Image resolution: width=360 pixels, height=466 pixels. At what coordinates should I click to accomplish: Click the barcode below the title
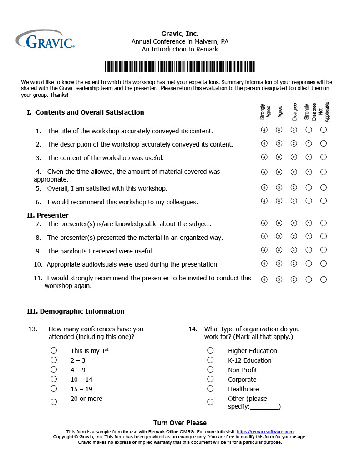[180, 66]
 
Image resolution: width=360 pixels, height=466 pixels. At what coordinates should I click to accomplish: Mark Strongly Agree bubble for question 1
[264, 130]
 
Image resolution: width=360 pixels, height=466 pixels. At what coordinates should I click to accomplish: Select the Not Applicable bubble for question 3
[324, 157]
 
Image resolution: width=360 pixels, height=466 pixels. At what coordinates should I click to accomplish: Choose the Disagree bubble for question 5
[294, 187]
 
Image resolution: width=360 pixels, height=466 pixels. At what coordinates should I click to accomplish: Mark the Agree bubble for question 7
[279, 223]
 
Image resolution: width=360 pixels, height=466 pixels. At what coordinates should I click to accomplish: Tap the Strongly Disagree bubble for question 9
[309, 250]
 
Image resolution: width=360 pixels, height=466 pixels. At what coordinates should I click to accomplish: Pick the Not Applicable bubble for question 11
[324, 279]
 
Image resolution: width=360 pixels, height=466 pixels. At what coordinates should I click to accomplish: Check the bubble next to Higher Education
[210, 350]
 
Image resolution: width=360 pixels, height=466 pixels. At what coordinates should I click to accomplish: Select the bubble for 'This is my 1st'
[54, 350]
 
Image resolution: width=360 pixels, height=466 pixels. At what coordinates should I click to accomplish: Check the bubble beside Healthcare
[210, 389]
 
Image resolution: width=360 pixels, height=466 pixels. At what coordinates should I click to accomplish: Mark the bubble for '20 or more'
[54, 402]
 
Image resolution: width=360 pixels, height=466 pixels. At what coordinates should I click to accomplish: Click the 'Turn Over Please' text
[180, 423]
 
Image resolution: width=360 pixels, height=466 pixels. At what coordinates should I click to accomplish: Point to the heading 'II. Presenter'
[48, 215]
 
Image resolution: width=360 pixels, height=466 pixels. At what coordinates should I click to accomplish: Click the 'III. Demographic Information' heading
[76, 311]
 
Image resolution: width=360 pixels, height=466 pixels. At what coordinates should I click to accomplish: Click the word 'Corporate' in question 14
[242, 380]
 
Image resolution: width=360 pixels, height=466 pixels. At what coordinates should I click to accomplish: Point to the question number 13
[33, 329]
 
